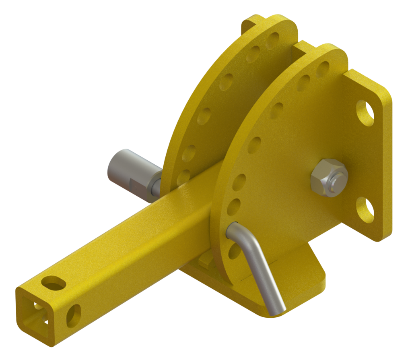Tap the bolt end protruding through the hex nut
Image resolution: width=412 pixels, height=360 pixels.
point(337,177)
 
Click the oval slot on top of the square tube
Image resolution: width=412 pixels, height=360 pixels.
point(53,283)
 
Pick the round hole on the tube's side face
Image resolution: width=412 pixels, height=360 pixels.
point(74,315)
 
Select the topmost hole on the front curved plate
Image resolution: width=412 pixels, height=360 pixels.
point(322,69)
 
